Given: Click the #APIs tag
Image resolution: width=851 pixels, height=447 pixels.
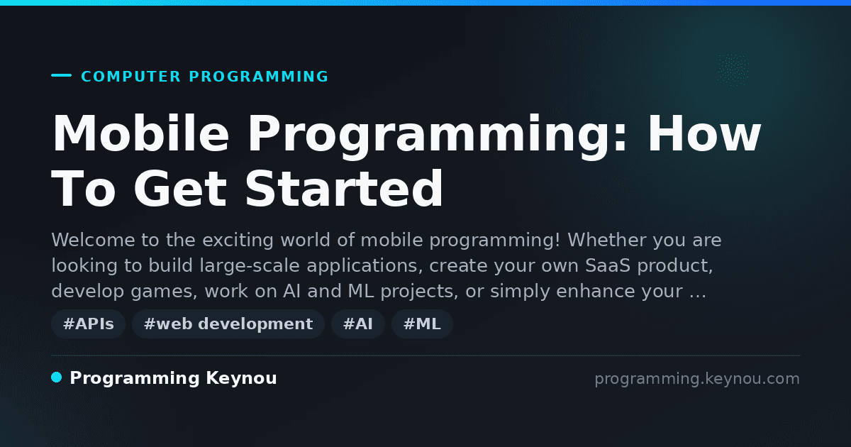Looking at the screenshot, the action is (x=88, y=324).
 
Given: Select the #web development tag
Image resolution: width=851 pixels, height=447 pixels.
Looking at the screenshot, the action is (x=228, y=324).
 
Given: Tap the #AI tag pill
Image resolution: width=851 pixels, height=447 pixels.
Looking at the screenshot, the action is (x=358, y=324).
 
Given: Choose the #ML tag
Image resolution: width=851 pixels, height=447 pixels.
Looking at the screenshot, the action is (x=422, y=324).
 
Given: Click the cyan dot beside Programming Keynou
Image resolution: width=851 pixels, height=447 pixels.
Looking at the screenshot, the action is (x=57, y=377).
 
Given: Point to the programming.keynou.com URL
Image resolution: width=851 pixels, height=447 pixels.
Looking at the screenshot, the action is (x=697, y=379).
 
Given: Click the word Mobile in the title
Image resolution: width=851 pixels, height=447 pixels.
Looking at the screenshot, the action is (x=140, y=133).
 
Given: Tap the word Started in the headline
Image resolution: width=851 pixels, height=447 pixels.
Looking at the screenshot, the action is (x=344, y=189).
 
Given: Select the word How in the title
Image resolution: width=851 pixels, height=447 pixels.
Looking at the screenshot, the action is (x=704, y=133).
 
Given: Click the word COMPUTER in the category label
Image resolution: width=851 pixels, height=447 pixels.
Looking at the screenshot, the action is (x=130, y=77).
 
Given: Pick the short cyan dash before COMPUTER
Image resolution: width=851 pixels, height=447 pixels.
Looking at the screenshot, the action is (x=61, y=75).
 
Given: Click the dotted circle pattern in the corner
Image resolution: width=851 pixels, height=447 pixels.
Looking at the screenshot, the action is (x=733, y=70).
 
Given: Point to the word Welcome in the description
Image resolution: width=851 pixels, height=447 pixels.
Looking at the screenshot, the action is (x=93, y=241).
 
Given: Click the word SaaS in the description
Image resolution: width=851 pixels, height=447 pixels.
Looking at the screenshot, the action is (x=608, y=265).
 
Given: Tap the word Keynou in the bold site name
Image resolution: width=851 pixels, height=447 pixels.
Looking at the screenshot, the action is (x=241, y=378).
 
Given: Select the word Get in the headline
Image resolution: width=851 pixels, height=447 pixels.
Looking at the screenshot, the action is (x=180, y=189).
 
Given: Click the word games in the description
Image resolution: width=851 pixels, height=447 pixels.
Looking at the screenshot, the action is (x=164, y=292).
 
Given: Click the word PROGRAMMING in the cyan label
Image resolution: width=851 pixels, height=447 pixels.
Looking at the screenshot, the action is (x=258, y=77).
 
